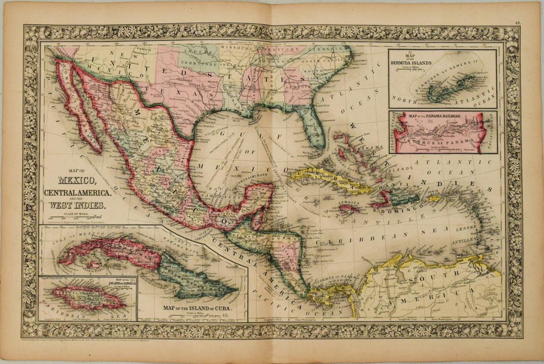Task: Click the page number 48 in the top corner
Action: point(517,22)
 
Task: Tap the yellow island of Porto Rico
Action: point(435,198)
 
